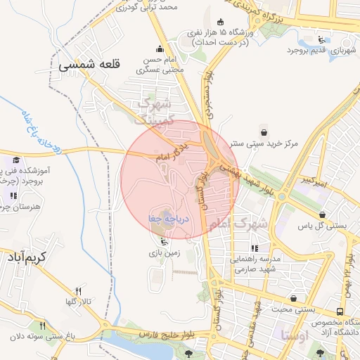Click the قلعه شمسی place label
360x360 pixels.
pos(91,64)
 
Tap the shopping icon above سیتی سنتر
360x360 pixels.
pos(264,131)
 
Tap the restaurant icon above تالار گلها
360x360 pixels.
pos(78,290)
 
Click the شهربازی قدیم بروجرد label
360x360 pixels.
pos(321,51)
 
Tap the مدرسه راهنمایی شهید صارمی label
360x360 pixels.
pos(255,264)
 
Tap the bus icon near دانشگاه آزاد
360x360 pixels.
pos(340,311)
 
